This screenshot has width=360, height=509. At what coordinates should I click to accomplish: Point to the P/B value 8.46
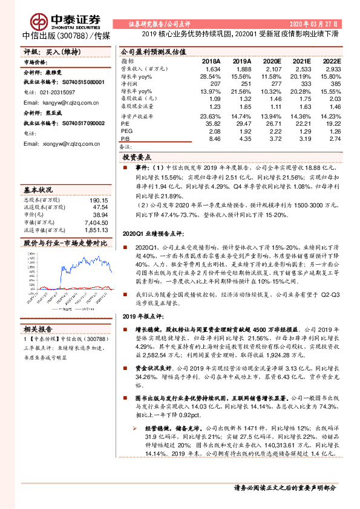214,138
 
